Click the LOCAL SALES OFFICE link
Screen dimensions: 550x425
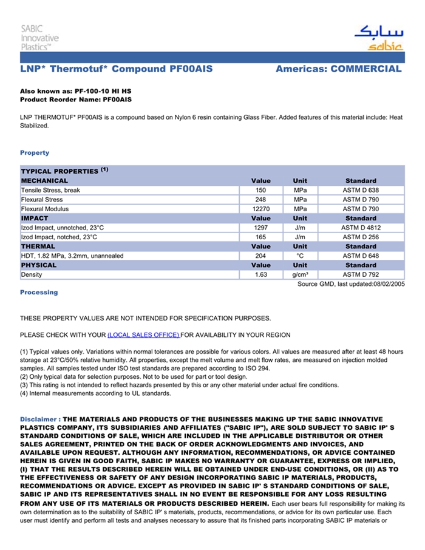coord(143,335)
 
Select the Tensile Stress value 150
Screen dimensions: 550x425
coord(260,190)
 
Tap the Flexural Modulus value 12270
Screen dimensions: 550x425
coord(260,209)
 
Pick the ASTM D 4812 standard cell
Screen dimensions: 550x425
coord(361,228)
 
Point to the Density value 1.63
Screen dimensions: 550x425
coord(260,275)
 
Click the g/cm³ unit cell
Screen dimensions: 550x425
coord(300,275)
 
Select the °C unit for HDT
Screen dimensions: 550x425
coord(300,256)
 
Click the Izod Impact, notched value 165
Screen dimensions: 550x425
coord(260,237)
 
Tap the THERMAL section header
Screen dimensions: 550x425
coord(38,246)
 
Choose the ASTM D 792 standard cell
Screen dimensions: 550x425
coord(361,275)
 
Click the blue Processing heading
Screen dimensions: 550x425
coord(39,293)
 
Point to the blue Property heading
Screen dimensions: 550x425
coord(35,153)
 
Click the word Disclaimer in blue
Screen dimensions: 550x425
coord(39,419)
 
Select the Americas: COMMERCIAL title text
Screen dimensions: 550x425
coord(338,69)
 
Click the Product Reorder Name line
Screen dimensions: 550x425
coord(76,99)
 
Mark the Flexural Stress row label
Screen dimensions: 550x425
coord(42,200)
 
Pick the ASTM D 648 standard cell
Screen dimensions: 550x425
coord(361,256)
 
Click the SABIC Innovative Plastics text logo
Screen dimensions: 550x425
coord(39,38)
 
